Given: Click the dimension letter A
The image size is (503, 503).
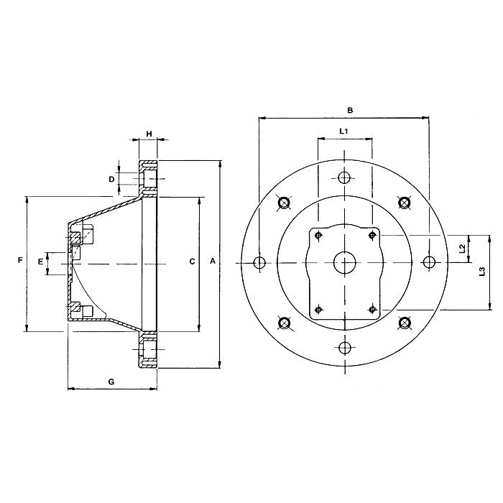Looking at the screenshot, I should [212, 262].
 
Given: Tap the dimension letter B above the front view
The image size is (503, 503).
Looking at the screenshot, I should [350, 111].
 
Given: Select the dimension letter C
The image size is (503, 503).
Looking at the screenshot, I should [192, 262].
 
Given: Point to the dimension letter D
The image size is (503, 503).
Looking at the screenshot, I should [111, 178].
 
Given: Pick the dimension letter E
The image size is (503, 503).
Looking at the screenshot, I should [40, 262].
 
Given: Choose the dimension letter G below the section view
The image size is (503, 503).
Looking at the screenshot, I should [111, 382].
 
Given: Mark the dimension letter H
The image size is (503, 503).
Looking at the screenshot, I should [149, 134].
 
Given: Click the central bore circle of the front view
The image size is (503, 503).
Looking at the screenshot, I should [345, 262].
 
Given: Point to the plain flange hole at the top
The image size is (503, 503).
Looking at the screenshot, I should [345, 177].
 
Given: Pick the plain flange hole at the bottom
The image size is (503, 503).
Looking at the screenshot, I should [345, 349].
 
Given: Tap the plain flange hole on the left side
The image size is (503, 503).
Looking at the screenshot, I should [259, 262].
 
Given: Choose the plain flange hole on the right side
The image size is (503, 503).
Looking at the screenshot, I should [430, 262].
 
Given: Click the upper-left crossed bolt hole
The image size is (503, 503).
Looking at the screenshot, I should [285, 203].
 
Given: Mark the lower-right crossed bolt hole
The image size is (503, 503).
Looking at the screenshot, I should [405, 323].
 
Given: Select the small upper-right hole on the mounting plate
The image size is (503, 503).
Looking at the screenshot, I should [372, 234].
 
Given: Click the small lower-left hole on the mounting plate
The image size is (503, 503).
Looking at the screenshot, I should [318, 310].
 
